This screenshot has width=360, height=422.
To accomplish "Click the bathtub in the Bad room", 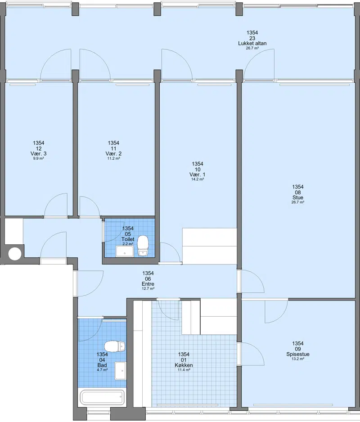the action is click(102, 398).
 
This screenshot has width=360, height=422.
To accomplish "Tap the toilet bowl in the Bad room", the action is click(115, 346).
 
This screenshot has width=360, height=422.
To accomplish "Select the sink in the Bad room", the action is click(120, 371).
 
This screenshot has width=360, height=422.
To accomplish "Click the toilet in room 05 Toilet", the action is click(143, 246).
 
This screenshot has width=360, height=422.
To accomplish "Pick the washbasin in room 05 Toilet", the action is click(125, 251).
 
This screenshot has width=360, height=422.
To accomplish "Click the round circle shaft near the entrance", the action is click(14, 254).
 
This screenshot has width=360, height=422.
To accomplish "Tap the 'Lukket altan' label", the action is click(252, 43).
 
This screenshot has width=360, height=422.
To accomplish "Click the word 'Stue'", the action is click(298, 198).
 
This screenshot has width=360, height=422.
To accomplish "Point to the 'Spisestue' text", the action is click(298, 354).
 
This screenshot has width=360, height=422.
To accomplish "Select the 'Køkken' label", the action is click(184, 365).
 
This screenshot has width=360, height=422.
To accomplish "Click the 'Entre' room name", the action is click(148, 284).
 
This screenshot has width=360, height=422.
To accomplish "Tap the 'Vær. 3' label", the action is click(39, 154).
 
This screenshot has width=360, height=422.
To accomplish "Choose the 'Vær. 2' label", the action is click(113, 154).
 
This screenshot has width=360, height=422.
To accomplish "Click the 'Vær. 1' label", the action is click(198, 175).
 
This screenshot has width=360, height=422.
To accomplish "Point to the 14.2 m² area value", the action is click(198, 179).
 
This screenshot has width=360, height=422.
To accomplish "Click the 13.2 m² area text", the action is click(298, 359).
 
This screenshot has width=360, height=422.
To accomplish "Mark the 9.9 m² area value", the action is click(39, 158).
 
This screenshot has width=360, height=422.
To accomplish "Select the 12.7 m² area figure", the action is click(148, 288).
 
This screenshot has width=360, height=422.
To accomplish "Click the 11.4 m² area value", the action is click(184, 370).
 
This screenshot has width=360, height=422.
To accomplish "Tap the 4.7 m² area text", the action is click(102, 370).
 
